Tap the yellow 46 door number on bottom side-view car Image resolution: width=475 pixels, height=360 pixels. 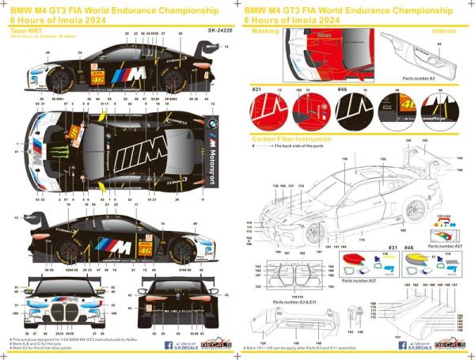[144, 248]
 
